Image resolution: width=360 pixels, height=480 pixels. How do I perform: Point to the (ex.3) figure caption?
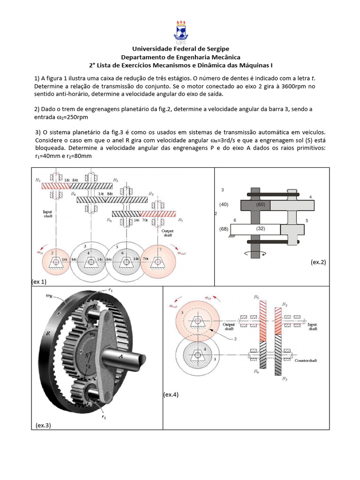click(43, 425)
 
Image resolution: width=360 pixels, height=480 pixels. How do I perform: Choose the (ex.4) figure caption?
click(171, 395)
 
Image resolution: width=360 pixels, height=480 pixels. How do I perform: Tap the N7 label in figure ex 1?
click(180, 220)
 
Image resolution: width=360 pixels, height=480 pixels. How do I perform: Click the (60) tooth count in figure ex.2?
click(261, 205)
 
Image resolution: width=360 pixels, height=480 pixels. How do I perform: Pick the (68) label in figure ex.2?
click(224, 229)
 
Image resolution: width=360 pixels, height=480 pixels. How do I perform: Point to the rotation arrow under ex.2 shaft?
click(255, 254)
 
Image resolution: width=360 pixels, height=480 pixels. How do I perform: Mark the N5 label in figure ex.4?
click(256, 297)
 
